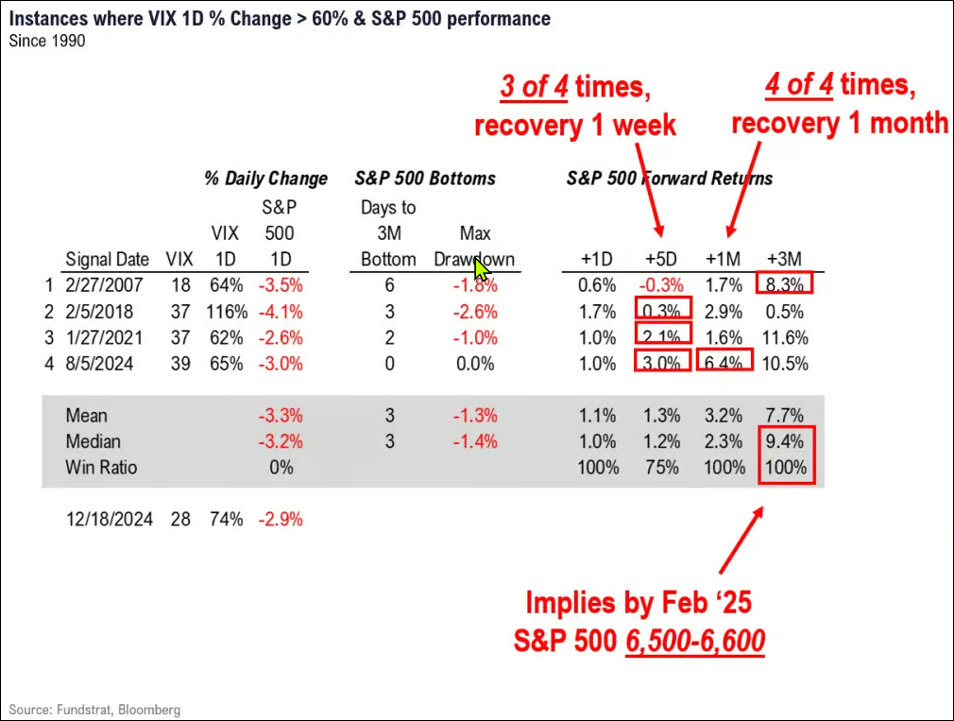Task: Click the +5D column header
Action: point(661,259)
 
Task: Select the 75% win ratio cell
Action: point(661,467)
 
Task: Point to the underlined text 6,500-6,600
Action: point(694,641)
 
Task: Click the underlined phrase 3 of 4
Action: point(536,86)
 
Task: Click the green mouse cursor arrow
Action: point(482,269)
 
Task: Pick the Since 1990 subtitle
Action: point(47,41)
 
